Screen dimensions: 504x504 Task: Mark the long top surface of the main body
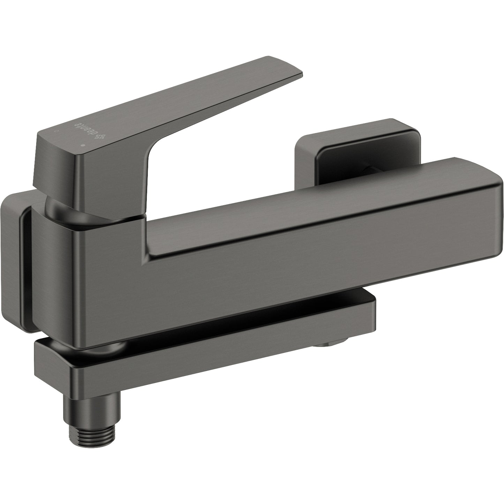(314, 202)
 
